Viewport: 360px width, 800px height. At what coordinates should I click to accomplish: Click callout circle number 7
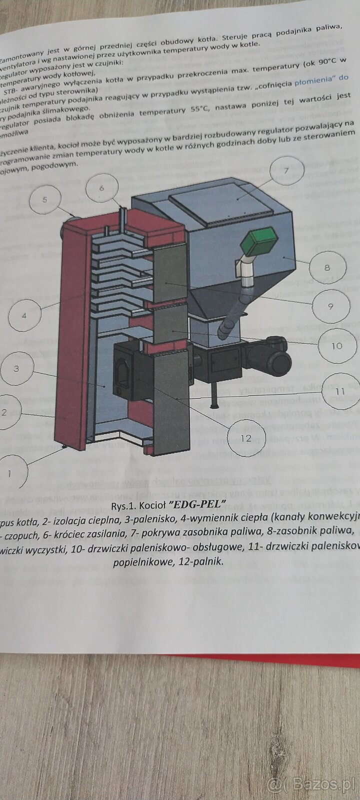286,170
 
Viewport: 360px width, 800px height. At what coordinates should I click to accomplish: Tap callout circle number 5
45,200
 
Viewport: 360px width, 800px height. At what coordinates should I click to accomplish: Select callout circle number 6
101,188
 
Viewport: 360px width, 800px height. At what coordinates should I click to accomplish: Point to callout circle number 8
326,267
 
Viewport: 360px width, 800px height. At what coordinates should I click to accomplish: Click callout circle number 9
330,306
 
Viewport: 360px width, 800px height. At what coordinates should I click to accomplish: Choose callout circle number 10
336,345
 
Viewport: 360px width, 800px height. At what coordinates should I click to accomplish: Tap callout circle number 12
245,437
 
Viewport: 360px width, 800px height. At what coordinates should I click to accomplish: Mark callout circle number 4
24,316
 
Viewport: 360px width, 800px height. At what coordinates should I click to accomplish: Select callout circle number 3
17,368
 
